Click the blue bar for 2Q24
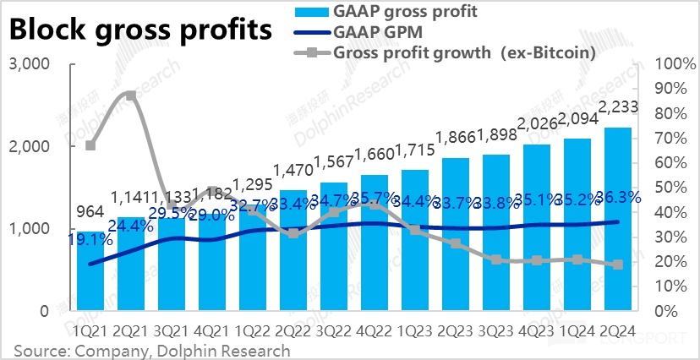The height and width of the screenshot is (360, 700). pos(617,220)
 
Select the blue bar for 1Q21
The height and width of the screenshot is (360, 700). pos(90,270)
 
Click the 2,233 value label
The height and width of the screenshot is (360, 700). pos(618,107)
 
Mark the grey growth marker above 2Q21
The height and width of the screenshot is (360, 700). pos(131,95)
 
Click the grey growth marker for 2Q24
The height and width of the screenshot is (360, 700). pos(617,265)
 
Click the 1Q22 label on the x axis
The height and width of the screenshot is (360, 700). pos(252,331)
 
